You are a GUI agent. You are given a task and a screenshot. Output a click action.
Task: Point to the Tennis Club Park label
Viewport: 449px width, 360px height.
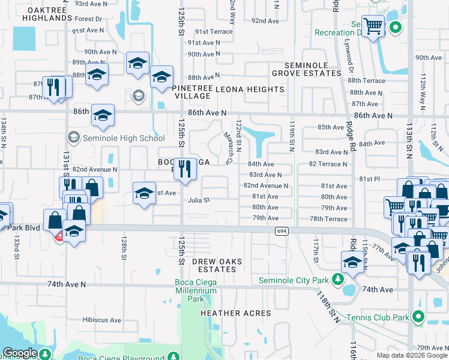tap(381, 317)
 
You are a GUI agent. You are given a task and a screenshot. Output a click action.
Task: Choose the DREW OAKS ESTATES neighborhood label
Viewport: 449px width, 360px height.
tap(214, 265)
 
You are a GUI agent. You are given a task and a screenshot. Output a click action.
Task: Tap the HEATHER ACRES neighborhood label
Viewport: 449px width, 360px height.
tap(235, 313)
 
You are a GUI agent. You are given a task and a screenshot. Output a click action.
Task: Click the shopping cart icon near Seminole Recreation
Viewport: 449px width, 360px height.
tap(373, 26)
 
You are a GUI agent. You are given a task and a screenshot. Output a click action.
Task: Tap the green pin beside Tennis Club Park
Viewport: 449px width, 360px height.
tap(419, 317)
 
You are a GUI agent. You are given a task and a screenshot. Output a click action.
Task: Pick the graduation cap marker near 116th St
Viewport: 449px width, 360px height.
tap(352, 260)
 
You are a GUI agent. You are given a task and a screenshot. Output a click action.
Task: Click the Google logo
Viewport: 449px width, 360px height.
tap(20, 353)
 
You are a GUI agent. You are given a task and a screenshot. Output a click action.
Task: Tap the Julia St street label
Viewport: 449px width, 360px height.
tap(199, 200)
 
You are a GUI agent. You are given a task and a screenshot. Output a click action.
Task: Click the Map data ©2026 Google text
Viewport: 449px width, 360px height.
tap(412, 355)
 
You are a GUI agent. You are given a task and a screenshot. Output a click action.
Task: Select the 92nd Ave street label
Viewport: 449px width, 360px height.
tap(266, 20)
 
